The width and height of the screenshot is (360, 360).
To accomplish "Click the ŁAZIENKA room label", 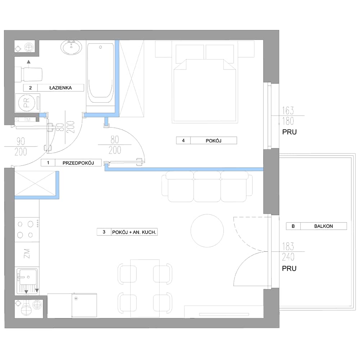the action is tap(60, 88).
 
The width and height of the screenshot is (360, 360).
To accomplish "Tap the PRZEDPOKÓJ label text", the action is tap(78, 163).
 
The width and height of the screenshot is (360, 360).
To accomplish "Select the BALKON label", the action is tap(323, 226).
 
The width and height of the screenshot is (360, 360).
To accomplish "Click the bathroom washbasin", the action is tap(71, 47).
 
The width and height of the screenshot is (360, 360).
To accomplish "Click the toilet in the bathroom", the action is tap(28, 74).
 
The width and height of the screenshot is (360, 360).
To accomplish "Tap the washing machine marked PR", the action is tap(27, 103).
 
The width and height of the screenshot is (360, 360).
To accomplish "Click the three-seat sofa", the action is tap(207, 186).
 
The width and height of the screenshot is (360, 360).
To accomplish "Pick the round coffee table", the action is tap(207, 231).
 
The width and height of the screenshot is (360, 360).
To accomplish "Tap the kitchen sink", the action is tap(27, 281).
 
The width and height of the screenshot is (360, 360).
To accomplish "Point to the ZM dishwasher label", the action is tap(27, 253).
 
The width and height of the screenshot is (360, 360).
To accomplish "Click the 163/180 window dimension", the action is tap(288, 116).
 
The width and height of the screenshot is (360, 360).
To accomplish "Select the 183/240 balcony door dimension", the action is tap(288, 252).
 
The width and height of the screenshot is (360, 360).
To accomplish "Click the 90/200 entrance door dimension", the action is tap(21, 147).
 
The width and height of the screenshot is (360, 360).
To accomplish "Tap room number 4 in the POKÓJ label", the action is tap(183, 140).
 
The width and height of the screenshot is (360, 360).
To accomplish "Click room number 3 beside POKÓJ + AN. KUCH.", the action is tap(104, 232).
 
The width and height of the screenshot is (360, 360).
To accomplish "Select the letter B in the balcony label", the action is tap(293, 226).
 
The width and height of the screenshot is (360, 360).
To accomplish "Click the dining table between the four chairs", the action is tap(145, 288).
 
